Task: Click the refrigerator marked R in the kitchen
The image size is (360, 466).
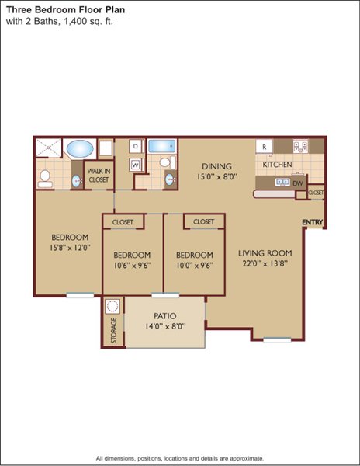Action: tap(264, 147)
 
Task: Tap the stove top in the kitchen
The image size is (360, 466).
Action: tap(300, 146)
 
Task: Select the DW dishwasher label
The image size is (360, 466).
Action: tap(298, 183)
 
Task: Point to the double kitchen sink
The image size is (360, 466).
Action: tap(282, 182)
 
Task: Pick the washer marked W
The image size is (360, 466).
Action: tap(136, 165)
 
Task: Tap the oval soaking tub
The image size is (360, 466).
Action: tap(80, 148)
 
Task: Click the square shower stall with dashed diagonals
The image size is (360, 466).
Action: tap(48, 148)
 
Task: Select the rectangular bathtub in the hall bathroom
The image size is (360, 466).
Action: tap(161, 146)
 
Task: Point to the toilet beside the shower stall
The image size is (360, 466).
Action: tap(45, 179)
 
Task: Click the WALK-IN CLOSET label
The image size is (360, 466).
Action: tap(99, 176)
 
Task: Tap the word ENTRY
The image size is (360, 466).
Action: tap(312, 222)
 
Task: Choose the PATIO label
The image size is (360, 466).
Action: tap(165, 315)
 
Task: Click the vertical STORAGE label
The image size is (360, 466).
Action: tap(114, 331)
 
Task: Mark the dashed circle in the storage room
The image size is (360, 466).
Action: tap(112, 306)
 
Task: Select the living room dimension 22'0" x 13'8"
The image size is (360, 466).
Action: tap(265, 263)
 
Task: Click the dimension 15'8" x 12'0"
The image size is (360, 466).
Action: tap(70, 248)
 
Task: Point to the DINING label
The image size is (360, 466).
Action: tap(216, 166)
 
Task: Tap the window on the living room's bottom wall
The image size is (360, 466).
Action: tap(277, 340)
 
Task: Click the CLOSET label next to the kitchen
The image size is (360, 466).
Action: tap(316, 193)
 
